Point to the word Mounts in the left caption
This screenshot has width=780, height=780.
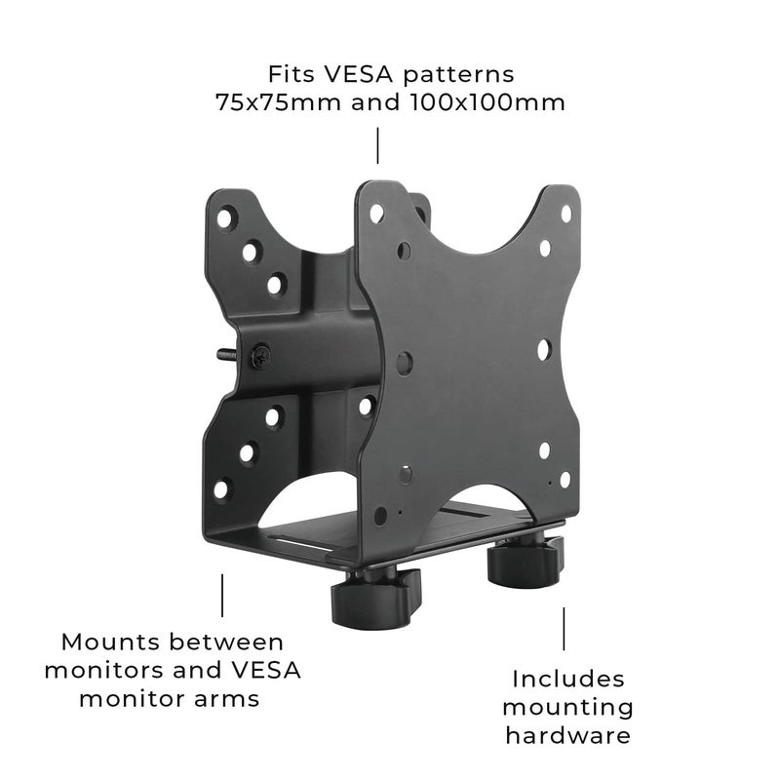pyautogui.click(x=102, y=643)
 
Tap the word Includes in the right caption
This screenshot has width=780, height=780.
pyautogui.click(x=568, y=678)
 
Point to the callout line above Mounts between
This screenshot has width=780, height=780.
pyautogui.click(x=222, y=595)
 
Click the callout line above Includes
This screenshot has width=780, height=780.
pyautogui.click(x=564, y=628)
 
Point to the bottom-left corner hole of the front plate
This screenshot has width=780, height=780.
pyautogui.click(x=380, y=514)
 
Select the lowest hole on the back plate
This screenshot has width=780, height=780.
pyautogui.click(x=222, y=488)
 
